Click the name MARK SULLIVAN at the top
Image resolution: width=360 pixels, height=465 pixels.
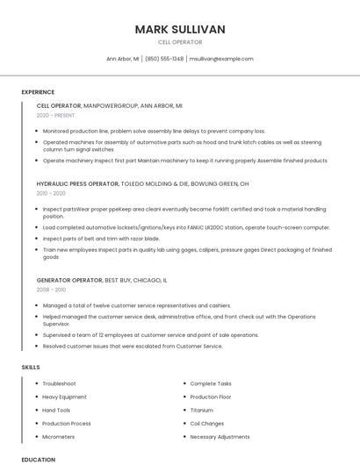click(x=180, y=29)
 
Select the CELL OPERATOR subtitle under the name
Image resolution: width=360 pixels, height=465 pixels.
click(x=180, y=42)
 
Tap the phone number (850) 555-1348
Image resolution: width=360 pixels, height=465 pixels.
click(x=164, y=59)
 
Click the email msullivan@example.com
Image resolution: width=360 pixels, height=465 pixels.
click(x=221, y=59)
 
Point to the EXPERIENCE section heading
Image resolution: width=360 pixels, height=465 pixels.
click(x=38, y=92)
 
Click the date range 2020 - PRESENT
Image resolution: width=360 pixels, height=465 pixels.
click(x=55, y=115)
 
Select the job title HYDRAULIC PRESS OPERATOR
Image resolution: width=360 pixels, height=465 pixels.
click(x=77, y=184)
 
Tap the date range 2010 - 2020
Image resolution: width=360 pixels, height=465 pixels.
click(x=51, y=193)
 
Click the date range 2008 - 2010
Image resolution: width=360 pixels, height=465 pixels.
click(x=51, y=289)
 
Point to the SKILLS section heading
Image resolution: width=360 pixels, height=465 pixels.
click(x=31, y=367)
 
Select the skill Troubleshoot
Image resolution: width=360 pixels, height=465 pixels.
click(x=59, y=383)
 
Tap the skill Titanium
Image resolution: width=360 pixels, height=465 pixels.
click(x=201, y=410)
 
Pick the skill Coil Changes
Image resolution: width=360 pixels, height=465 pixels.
click(x=206, y=423)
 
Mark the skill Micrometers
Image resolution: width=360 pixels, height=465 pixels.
click(x=60, y=436)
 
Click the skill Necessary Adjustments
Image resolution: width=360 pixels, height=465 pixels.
click(x=220, y=436)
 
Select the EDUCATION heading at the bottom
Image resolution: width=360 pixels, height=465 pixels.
click(x=38, y=459)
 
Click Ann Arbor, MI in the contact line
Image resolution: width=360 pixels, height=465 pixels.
click(x=122, y=59)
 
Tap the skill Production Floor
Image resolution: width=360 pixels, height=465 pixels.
click(x=210, y=397)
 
